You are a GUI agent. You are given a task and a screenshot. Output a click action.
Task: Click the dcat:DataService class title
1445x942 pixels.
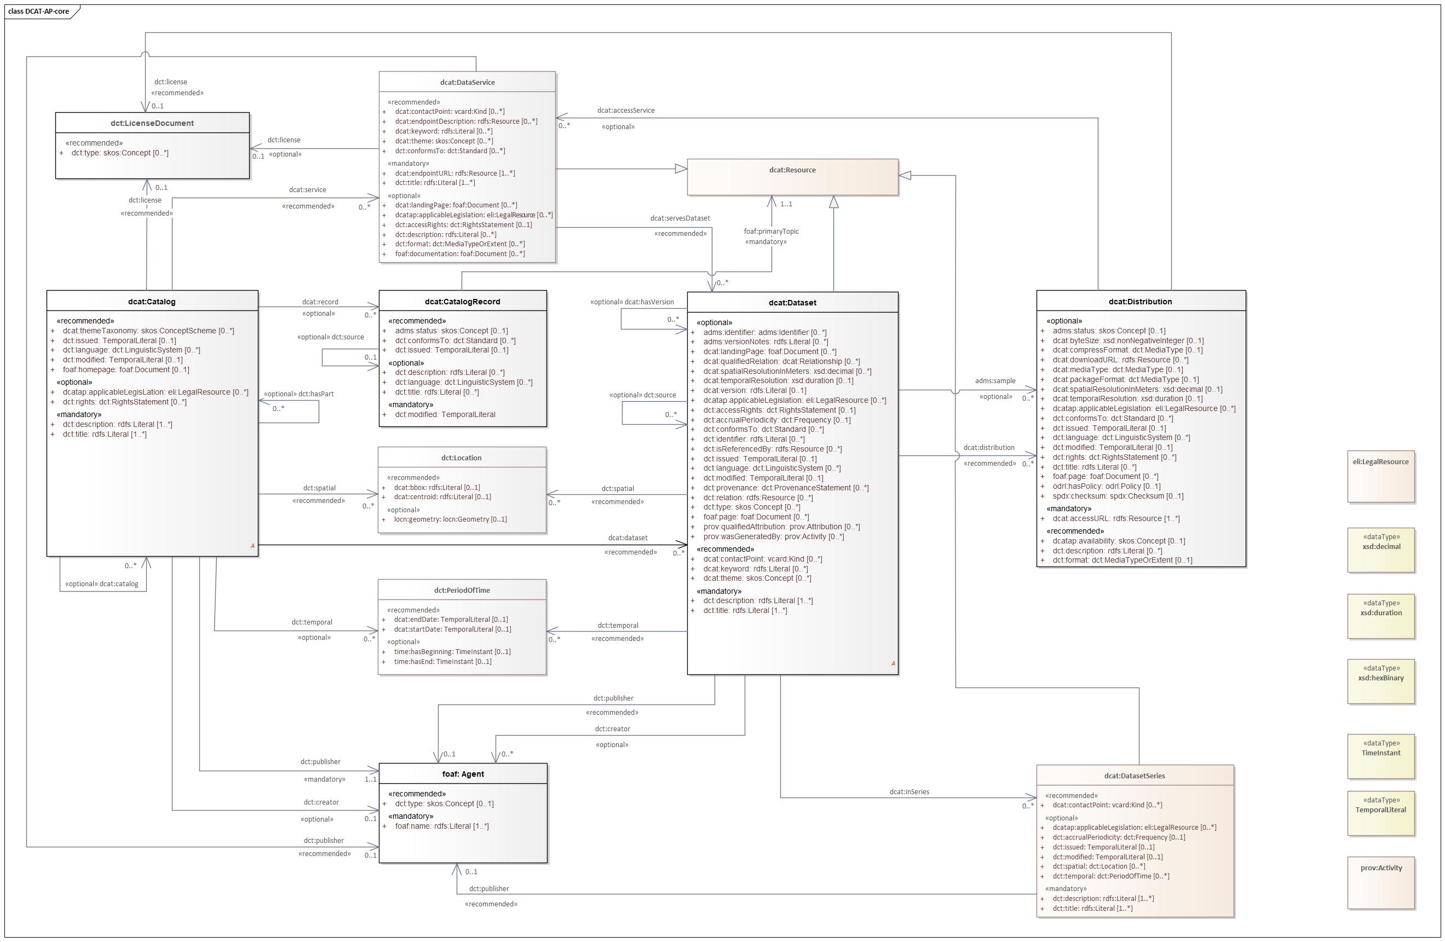click(x=467, y=83)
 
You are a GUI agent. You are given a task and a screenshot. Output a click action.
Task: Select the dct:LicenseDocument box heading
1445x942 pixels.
click(x=152, y=123)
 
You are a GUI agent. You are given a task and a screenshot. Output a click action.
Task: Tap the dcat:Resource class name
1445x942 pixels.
click(x=792, y=170)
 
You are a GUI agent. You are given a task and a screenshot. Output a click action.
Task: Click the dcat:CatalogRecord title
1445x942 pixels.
click(x=462, y=302)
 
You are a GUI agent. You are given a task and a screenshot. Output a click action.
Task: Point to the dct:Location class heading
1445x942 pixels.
click(x=461, y=458)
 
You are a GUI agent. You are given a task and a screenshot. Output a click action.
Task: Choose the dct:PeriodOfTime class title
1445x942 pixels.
click(x=462, y=591)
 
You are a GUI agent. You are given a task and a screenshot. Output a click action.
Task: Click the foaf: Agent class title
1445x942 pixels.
click(x=463, y=774)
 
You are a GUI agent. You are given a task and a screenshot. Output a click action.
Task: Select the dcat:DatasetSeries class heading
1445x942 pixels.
click(x=1134, y=776)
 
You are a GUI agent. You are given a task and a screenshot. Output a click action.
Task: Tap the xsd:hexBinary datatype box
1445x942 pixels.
click(x=1380, y=678)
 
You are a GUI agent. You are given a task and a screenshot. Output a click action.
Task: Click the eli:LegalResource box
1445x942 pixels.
click(x=1380, y=462)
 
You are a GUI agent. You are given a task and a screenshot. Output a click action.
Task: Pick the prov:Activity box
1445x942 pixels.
click(x=1380, y=868)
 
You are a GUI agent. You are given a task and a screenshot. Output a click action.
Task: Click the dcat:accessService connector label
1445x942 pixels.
click(x=625, y=111)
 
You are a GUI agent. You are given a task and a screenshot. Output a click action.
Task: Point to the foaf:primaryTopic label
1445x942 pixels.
click(x=771, y=231)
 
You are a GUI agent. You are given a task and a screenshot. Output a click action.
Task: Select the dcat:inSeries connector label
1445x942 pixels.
click(x=909, y=792)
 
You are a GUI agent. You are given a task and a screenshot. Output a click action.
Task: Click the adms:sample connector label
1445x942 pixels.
click(x=994, y=381)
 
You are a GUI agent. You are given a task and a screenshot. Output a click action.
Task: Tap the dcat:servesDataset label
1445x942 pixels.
click(x=680, y=218)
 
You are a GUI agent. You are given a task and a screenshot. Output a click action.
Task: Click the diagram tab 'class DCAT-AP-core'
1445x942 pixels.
click(x=39, y=11)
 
